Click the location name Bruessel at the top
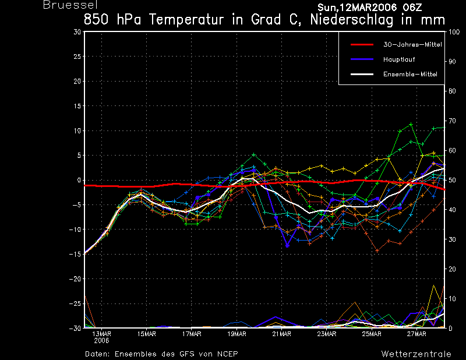tap(70, 5)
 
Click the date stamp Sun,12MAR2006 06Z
tap(370, 8)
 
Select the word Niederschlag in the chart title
tap(352, 20)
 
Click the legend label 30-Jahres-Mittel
tap(412, 45)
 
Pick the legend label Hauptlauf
tap(399, 59)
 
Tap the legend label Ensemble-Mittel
tap(410, 75)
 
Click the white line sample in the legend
tap(362, 75)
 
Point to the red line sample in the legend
tap(362, 45)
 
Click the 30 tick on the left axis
tap(77, 32)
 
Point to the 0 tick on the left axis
tap(79, 180)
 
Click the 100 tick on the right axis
tap(454, 32)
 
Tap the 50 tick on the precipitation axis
tap(452, 180)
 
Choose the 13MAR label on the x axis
tap(101, 334)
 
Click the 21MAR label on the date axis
tap(281, 334)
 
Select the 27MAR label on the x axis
tap(416, 334)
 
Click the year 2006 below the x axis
tap(101, 341)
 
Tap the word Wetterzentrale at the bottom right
tap(416, 354)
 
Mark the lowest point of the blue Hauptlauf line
tap(287, 246)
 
